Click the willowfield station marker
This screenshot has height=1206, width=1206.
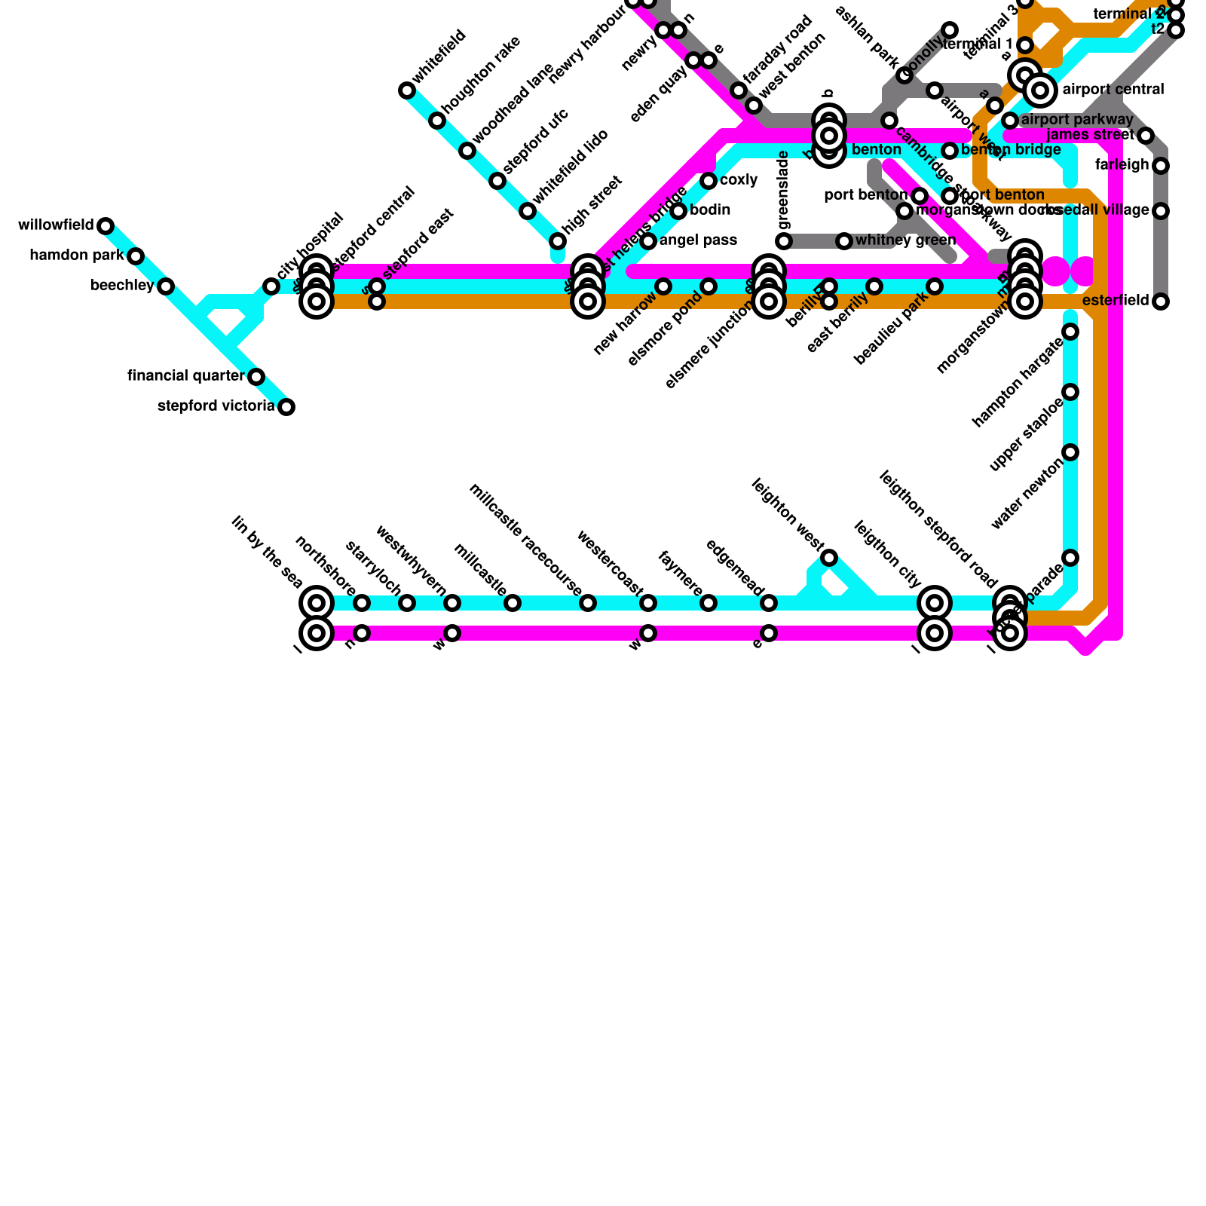pos(106,226)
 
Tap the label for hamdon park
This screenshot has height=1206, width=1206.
pos(76,256)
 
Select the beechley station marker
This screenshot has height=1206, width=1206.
pos(166,286)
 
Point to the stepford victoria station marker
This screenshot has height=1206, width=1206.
pos(286,407)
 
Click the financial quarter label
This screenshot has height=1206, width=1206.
pos(186,376)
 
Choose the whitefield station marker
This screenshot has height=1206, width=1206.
pos(407,90)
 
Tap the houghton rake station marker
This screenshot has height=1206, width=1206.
pos(437,121)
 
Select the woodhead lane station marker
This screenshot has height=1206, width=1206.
pos(467,151)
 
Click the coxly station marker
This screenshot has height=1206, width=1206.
pos(709,181)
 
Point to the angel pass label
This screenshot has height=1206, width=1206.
pos(698,240)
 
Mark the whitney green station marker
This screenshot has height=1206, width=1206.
pos(844,241)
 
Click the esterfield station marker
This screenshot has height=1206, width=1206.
pos(1161,301)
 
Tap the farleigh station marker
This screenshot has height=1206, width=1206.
pos(1161,166)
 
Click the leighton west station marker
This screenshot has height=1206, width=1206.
pos(829,558)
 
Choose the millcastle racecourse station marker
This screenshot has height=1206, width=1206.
pos(588,603)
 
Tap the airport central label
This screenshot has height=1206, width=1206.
pos(1113,90)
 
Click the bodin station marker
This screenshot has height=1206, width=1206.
pos(678,211)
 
